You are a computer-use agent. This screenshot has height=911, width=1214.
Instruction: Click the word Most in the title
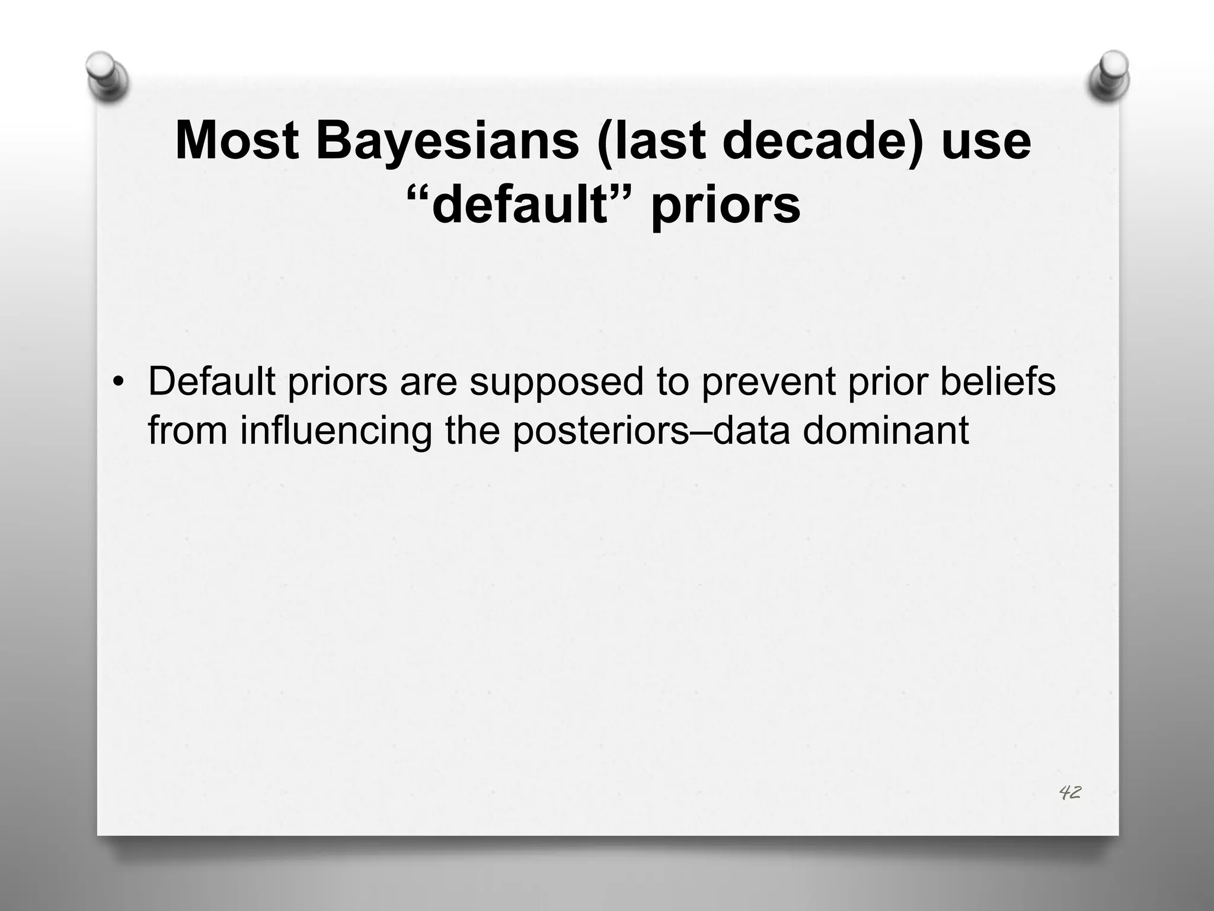coord(237,141)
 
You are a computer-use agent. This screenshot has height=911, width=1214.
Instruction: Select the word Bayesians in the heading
coord(447,141)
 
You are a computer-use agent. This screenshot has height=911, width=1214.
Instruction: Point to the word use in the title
coord(986,141)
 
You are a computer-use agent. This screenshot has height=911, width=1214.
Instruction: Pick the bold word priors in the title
coord(726,205)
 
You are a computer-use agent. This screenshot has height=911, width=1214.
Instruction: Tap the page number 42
coord(1069,792)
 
